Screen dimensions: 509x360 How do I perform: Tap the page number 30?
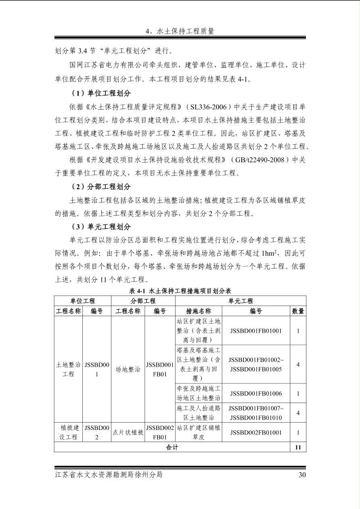tap(302, 475)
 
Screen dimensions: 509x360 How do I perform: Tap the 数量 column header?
tap(298, 311)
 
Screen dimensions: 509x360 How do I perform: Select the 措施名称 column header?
tap(199, 311)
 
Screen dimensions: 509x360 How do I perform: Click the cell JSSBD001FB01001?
tap(256, 331)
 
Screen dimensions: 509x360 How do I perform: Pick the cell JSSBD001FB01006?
tap(256, 393)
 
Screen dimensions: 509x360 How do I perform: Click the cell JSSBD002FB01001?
tap(256, 432)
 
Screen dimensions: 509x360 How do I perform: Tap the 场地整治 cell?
tap(128, 369)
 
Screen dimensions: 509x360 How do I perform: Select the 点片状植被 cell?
tap(128, 432)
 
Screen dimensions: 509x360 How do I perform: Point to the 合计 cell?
tap(172, 447)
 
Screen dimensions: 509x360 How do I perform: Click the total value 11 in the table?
tap(298, 447)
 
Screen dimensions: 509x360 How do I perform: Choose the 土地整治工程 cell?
tap(69, 369)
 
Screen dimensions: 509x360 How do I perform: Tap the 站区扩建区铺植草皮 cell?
tap(199, 432)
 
